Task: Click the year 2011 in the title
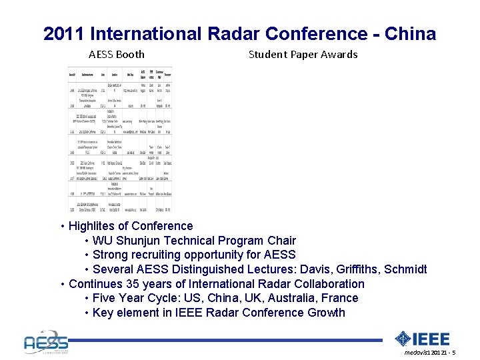[63, 34]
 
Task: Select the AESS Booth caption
[117, 55]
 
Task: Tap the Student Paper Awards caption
[303, 55]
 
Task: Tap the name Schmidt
[405, 269]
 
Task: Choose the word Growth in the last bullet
[327, 313]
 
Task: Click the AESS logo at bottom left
[45, 341]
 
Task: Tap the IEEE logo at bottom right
[423, 339]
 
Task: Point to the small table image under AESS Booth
[120, 139]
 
